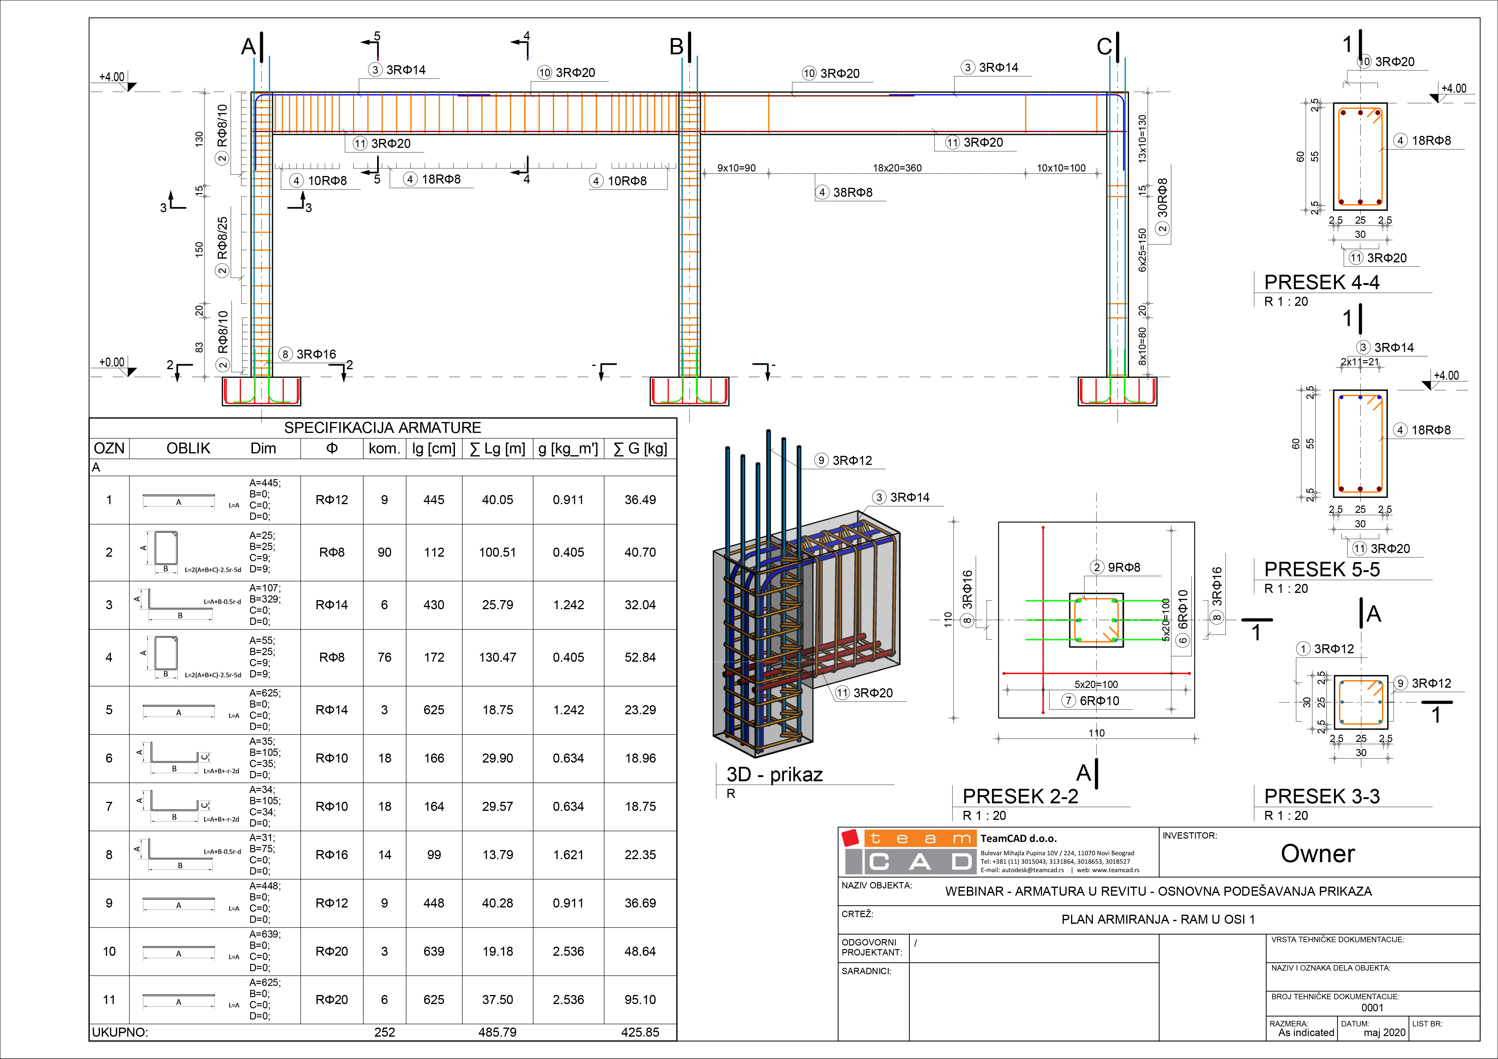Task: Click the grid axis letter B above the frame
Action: [677, 47]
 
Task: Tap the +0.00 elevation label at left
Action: [111, 362]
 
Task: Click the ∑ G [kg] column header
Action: [640, 449]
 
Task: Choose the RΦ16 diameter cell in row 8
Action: [332, 854]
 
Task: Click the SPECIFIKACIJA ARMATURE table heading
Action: [382, 428]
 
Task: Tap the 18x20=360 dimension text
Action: [897, 168]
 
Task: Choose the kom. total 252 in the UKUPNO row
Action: [384, 1032]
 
